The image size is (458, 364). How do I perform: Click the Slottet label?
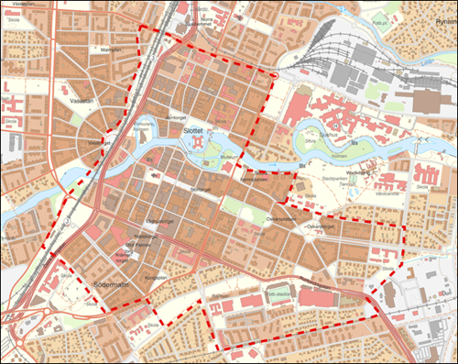click(194, 131)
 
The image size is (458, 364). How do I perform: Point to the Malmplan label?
click(111, 50)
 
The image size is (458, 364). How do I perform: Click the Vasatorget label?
click(99, 143)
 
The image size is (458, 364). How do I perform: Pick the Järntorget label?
click(180, 117)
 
